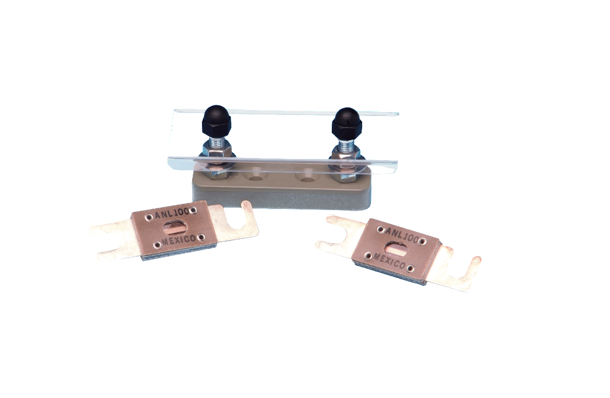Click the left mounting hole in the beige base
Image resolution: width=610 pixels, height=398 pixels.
256,176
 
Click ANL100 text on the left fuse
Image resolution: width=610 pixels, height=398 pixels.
172,213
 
